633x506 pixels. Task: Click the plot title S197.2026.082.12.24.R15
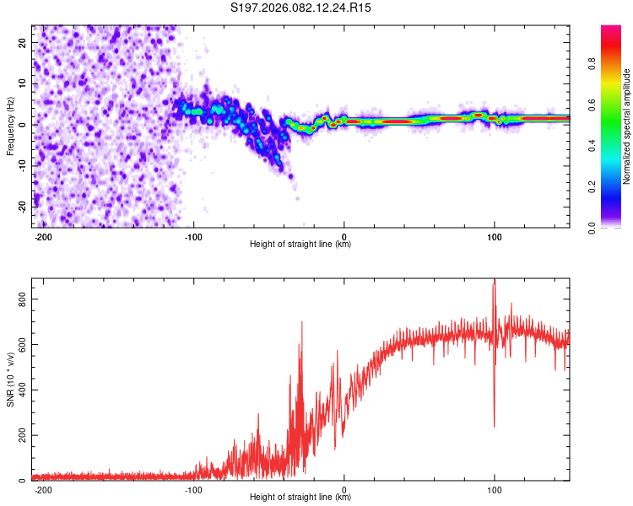coord(301,8)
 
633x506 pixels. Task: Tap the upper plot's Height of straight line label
coord(300,245)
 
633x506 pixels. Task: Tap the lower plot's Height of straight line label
coord(300,498)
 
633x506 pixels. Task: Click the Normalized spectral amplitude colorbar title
coord(626,126)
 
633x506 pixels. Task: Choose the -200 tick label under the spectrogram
coord(44,235)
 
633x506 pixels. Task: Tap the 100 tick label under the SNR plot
coord(494,488)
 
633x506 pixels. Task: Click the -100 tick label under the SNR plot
coord(194,488)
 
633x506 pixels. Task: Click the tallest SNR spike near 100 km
coord(495,281)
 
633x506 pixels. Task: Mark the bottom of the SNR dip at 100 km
coord(495,427)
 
